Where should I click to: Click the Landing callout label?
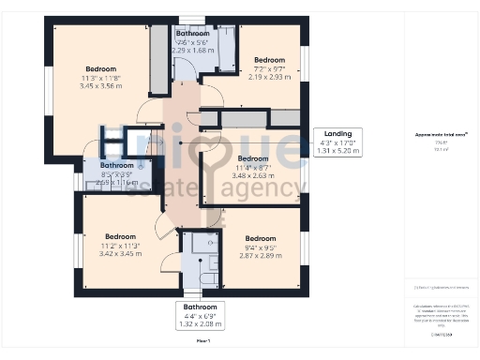(x=338, y=133)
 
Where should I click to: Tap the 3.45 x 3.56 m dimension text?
(x=101, y=86)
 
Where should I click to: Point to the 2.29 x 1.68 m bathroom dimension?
(x=191, y=51)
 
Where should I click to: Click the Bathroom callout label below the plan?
(x=200, y=307)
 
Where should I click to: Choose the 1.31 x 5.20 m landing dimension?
(x=338, y=150)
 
